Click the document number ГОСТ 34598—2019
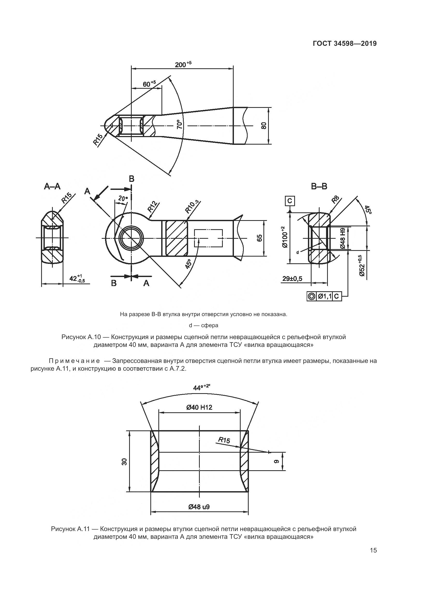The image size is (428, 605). click(x=345, y=43)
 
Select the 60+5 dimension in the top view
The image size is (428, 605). click(x=149, y=84)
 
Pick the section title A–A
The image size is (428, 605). click(x=52, y=186)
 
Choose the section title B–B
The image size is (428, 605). click(x=319, y=186)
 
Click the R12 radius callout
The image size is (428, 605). click(x=152, y=207)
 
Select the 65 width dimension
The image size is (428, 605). click(x=260, y=238)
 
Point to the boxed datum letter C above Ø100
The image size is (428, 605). click(x=290, y=201)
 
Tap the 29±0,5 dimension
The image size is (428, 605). click(x=292, y=279)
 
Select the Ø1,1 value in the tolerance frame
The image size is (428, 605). click(x=324, y=296)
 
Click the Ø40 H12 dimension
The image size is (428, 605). click(x=199, y=407)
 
